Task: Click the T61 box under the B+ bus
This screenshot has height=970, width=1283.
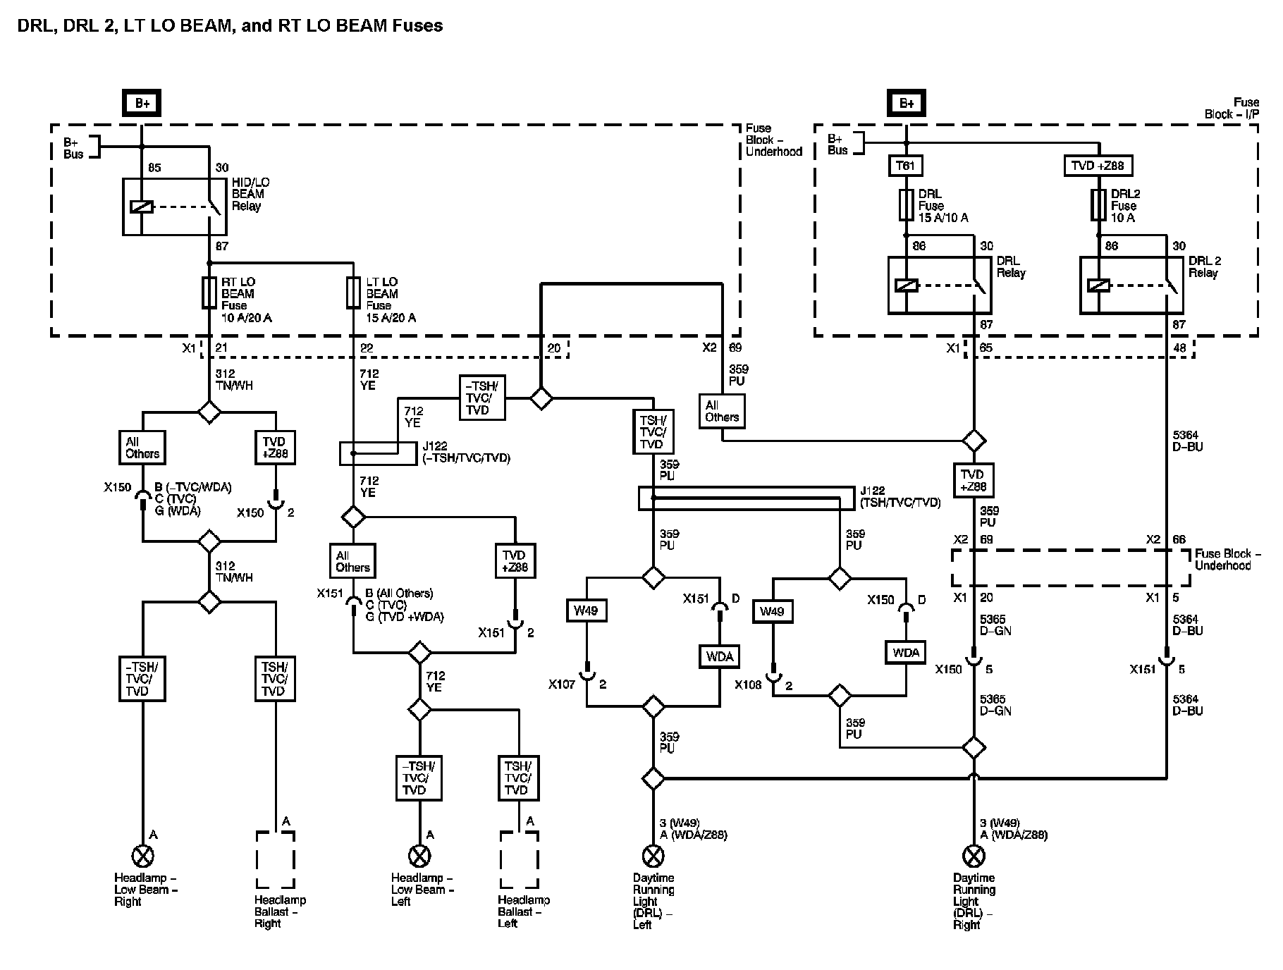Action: (906, 166)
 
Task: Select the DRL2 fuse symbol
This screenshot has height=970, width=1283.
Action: (1098, 205)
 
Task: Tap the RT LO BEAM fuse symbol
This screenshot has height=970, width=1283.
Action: (209, 293)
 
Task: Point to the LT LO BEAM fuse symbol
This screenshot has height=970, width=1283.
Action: (354, 293)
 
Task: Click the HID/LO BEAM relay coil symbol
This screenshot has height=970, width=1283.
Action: (142, 207)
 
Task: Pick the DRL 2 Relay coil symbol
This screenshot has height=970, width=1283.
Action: (1098, 286)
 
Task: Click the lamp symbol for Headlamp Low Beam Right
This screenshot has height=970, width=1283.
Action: (142, 857)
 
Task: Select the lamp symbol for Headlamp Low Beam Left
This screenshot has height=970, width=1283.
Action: (419, 857)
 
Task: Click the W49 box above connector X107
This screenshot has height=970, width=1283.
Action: (587, 610)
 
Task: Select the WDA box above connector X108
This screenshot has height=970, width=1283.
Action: (906, 653)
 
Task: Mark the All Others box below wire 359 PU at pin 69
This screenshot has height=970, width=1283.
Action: (722, 411)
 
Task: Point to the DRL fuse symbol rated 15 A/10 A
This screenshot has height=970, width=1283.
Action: (906, 205)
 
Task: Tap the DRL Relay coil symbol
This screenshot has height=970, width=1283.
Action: (906, 286)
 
